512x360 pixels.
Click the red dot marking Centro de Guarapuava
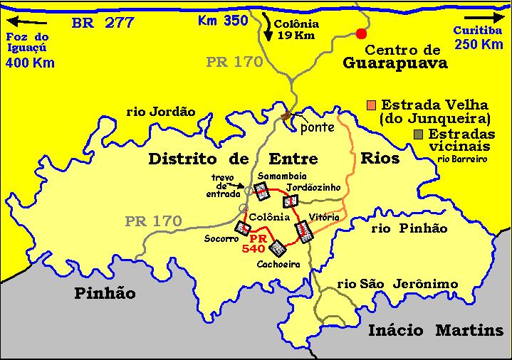click(x=361, y=33)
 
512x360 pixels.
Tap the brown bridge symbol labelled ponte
click(x=287, y=116)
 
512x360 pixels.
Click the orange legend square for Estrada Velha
click(x=372, y=104)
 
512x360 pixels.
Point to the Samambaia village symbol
click(x=261, y=190)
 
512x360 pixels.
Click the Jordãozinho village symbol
click(x=289, y=201)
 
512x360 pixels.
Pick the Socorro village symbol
click(x=243, y=228)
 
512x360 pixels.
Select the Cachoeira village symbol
click(x=278, y=248)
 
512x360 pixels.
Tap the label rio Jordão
click(x=160, y=111)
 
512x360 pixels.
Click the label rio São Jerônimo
click(x=397, y=284)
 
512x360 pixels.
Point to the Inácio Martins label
click(x=436, y=330)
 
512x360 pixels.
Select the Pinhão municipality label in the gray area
click(x=105, y=292)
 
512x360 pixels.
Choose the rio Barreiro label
click(x=463, y=159)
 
